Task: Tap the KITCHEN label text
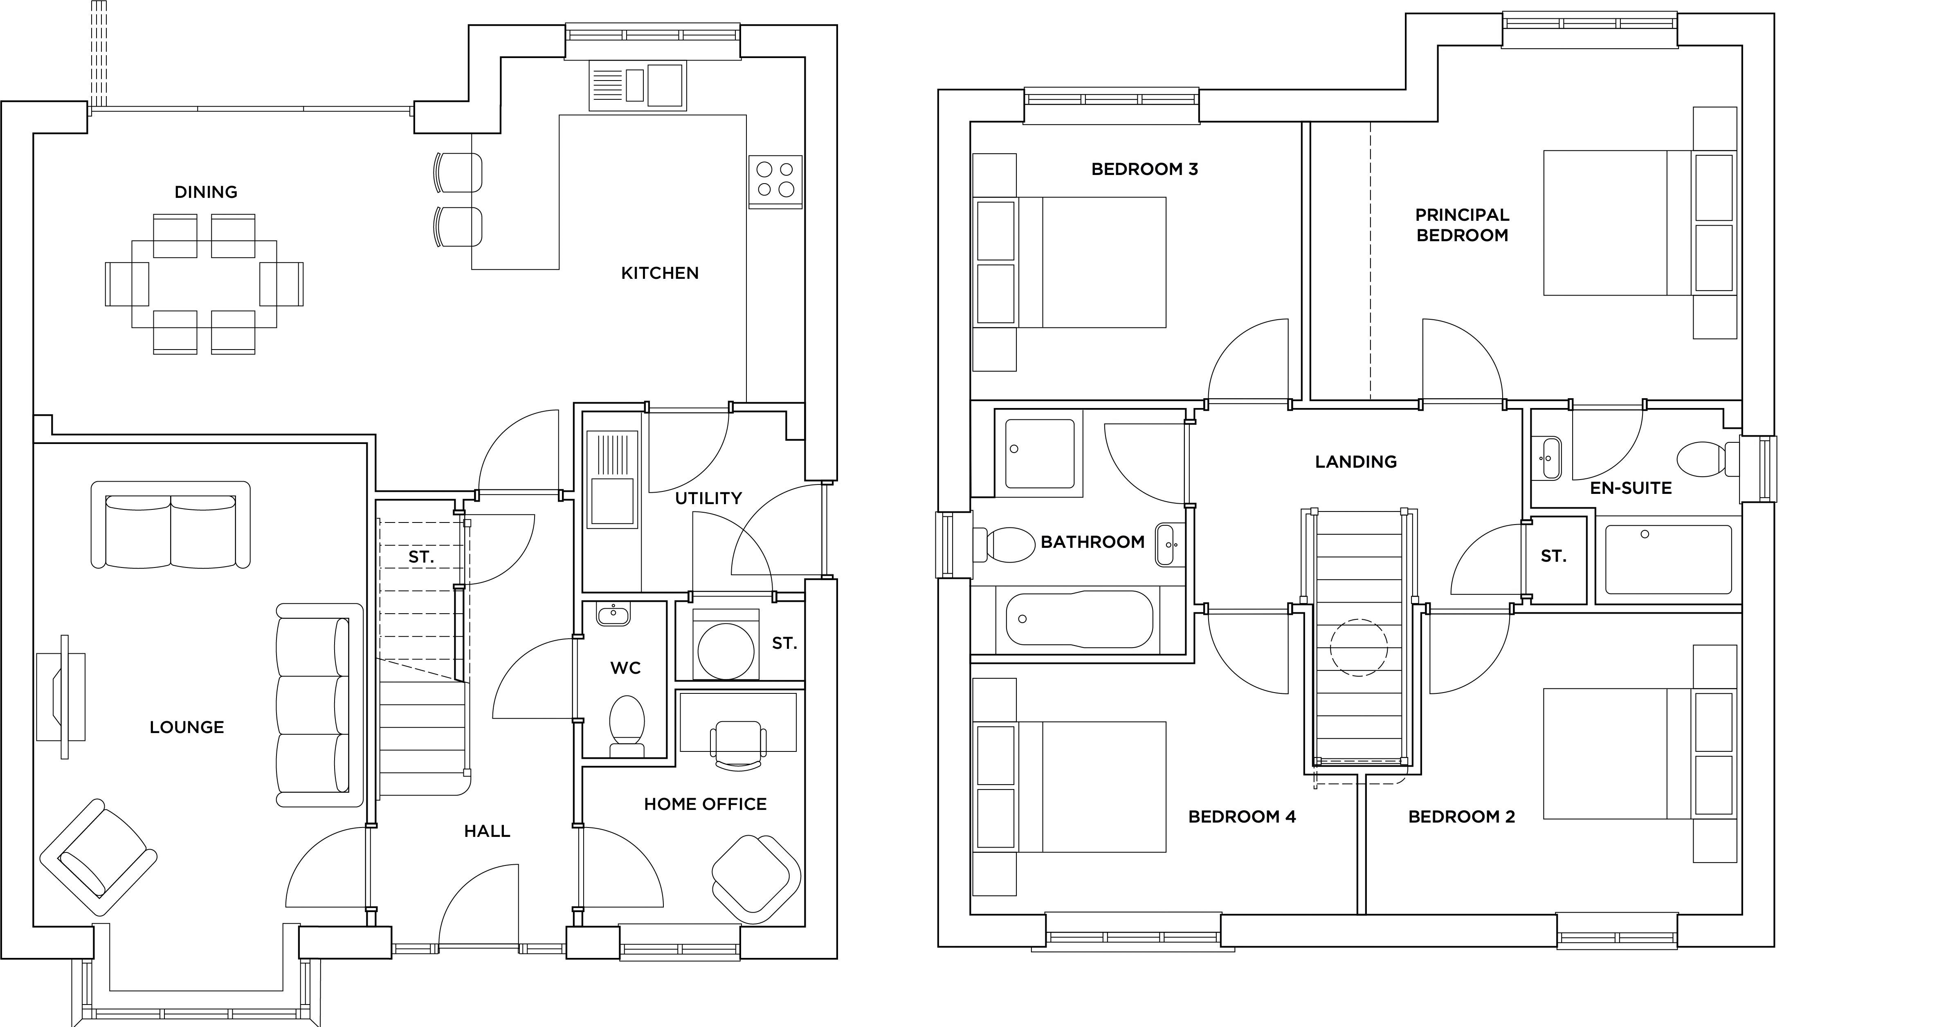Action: (x=659, y=274)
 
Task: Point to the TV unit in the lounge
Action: (x=62, y=696)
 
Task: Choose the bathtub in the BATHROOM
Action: (x=1078, y=619)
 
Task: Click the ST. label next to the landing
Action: (x=1553, y=556)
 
